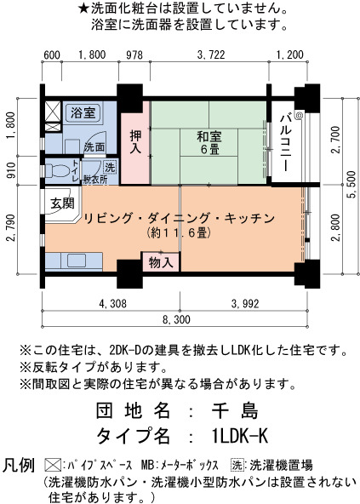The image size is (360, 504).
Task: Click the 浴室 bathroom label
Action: click(x=83, y=113)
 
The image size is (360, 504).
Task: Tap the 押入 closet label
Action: click(x=135, y=141)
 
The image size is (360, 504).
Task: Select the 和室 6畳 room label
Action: click(x=209, y=143)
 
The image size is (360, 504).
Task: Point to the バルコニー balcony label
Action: click(x=286, y=141)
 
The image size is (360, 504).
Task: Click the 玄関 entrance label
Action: click(x=62, y=203)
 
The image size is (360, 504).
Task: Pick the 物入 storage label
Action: click(x=161, y=262)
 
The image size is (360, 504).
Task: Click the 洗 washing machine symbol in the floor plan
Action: click(x=110, y=167)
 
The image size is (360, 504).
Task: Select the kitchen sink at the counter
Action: click(x=77, y=261)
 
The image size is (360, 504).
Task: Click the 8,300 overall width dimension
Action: click(x=176, y=319)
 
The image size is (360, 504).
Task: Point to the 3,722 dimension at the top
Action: click(x=210, y=54)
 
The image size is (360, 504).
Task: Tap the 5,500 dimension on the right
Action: click(x=351, y=185)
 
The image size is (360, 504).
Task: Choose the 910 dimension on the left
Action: click(x=11, y=170)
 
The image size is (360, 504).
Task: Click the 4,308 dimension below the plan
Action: click(x=113, y=303)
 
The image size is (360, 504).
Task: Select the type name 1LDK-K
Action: click(x=240, y=436)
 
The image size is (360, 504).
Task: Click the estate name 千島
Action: click(x=235, y=410)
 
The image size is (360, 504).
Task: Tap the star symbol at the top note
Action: click(x=83, y=9)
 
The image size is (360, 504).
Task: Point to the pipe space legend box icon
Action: click(x=53, y=465)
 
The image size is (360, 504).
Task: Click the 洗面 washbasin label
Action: click(x=94, y=147)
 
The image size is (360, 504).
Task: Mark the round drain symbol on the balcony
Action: click(x=300, y=114)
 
